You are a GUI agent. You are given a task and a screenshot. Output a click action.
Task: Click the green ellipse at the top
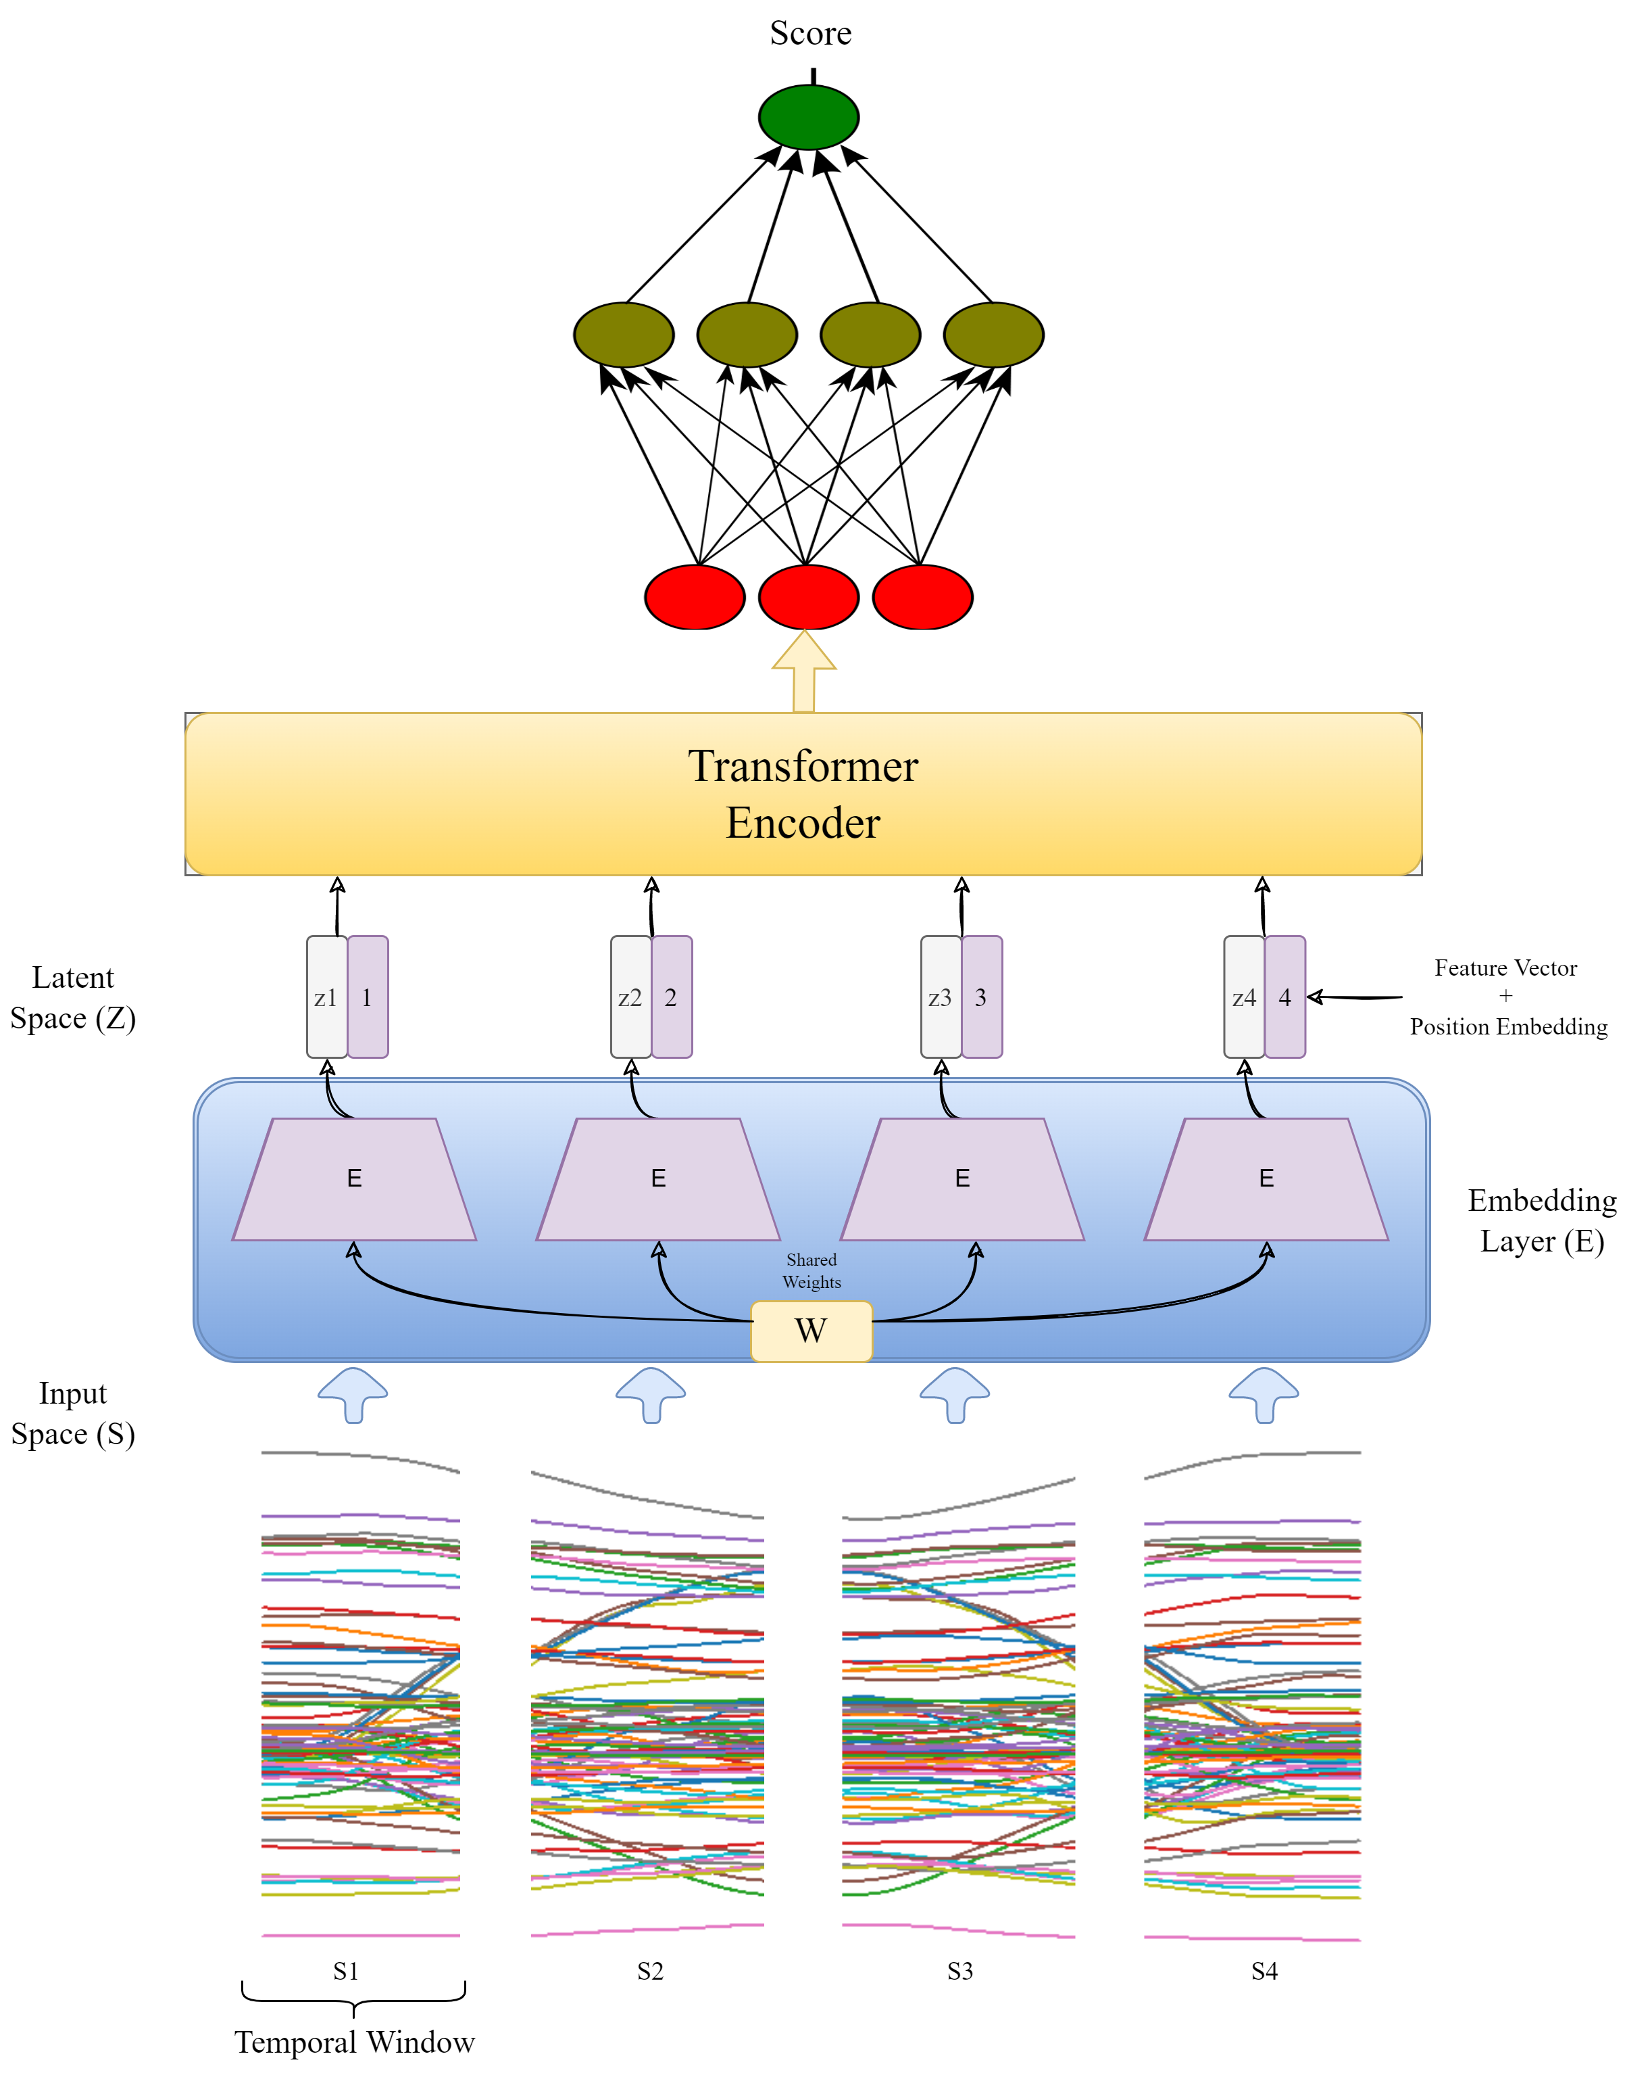tap(808, 118)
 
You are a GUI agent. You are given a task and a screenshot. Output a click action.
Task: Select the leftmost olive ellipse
tap(624, 335)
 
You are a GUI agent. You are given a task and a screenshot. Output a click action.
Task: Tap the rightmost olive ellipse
tap(993, 335)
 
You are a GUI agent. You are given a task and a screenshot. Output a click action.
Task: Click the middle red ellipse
tap(808, 597)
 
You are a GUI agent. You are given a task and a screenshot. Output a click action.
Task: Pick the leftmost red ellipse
tap(695, 597)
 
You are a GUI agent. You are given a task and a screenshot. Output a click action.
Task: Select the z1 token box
tap(326, 997)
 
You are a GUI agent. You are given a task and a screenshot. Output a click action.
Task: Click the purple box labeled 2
tap(672, 997)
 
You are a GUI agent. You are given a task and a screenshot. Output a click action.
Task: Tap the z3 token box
tap(940, 997)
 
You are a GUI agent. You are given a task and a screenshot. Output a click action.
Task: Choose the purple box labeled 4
tap(1284, 997)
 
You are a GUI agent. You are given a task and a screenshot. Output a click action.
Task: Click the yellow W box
tap(811, 1331)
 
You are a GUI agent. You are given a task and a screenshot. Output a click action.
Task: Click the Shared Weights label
tap(811, 1270)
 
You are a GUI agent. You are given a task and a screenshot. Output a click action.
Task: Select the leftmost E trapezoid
tap(354, 1179)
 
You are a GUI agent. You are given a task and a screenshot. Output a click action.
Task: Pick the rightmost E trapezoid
tap(1266, 1179)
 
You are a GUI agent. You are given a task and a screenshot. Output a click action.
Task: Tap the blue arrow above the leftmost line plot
tap(353, 1393)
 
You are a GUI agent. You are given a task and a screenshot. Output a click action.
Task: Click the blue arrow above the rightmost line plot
tap(1264, 1393)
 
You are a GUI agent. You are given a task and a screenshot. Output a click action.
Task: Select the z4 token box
tap(1243, 997)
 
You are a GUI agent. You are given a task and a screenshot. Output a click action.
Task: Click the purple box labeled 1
tap(368, 997)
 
